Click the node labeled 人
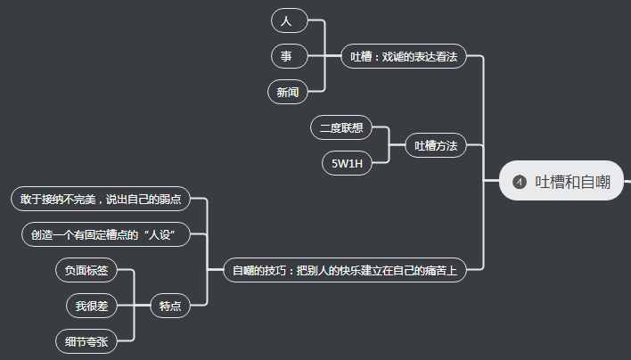286,20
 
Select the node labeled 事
286,56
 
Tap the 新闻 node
288,92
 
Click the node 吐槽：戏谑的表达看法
404,56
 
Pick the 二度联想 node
341,128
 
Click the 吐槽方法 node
436,146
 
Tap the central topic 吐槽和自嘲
561,182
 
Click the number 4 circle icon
520,182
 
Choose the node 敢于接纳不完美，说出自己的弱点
101,199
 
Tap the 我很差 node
92,306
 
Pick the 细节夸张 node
86,341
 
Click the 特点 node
170,306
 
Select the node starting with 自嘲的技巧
345,270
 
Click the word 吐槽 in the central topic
547,182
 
